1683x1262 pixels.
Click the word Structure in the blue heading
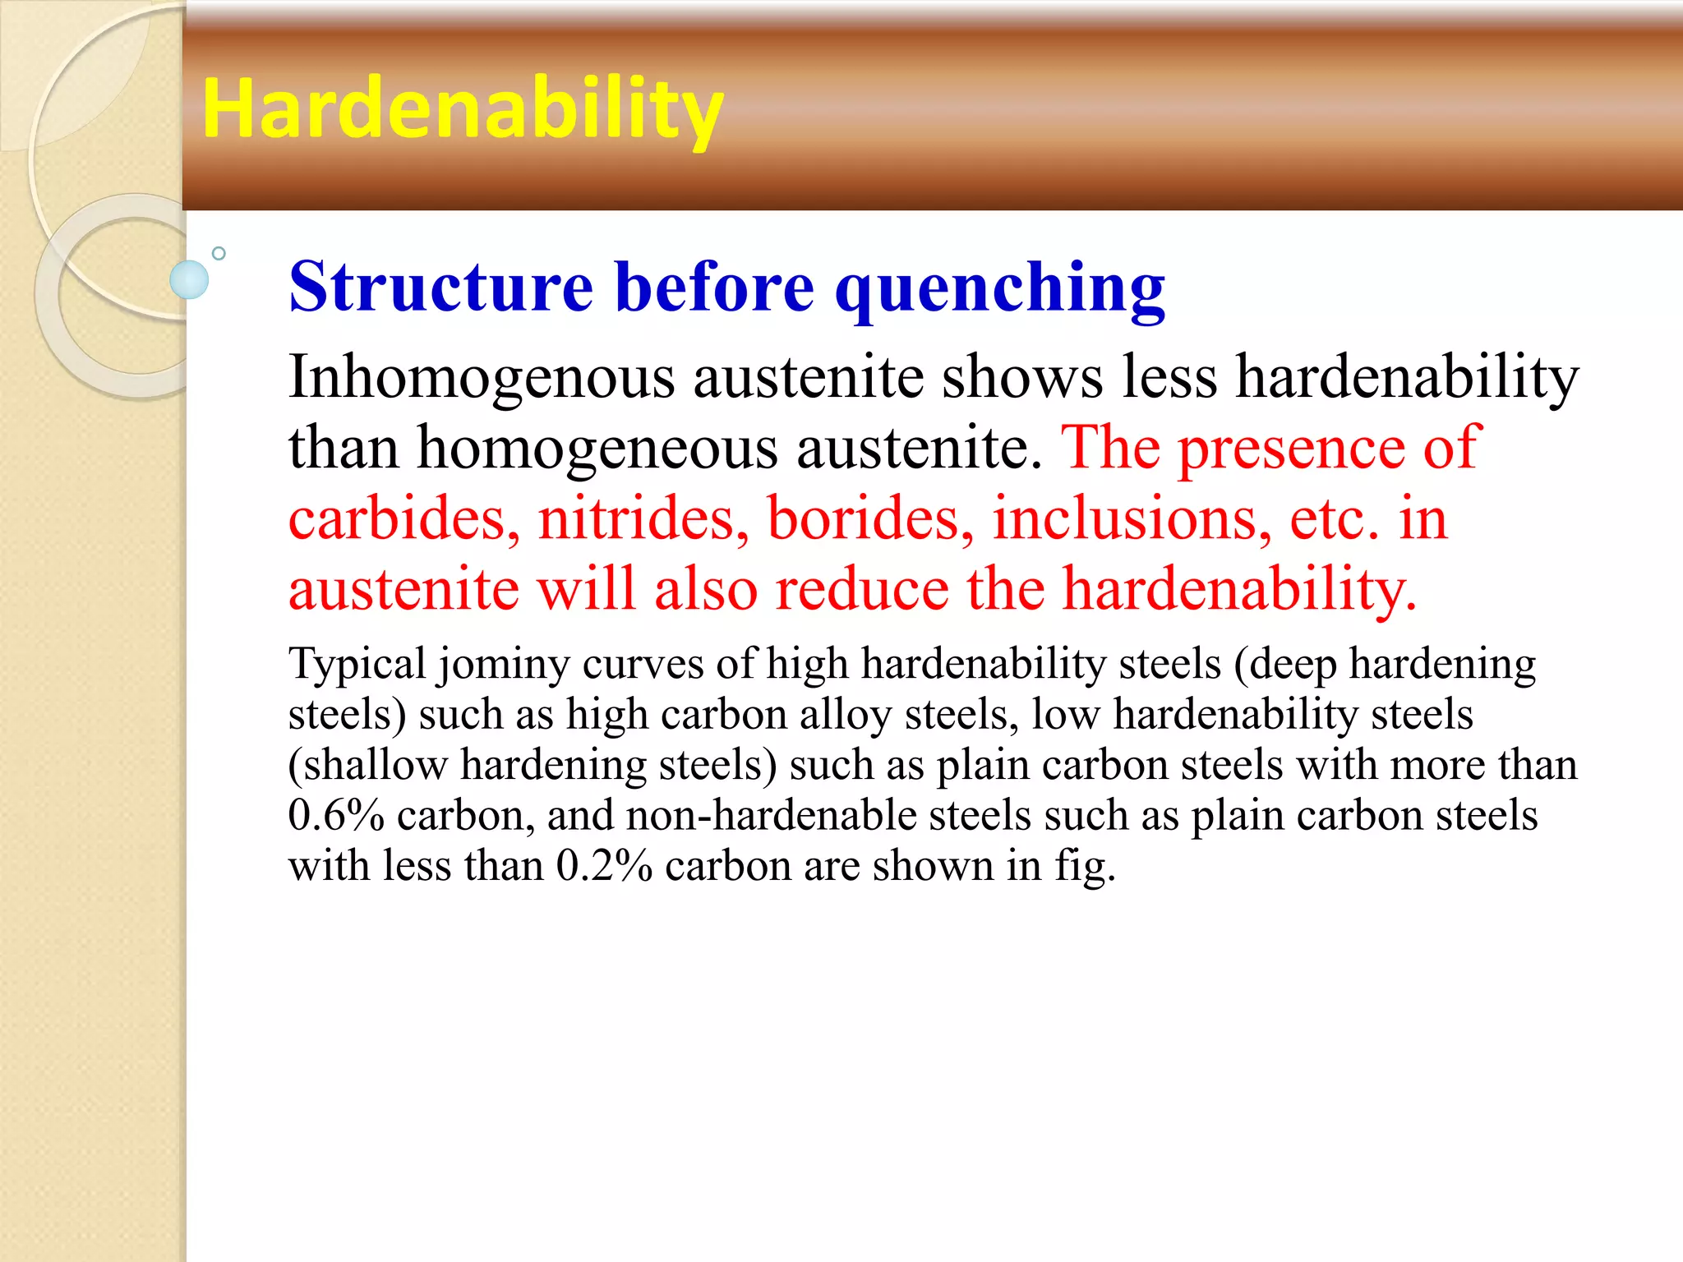(440, 287)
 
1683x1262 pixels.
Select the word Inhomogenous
(481, 378)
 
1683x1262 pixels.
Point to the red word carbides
(403, 519)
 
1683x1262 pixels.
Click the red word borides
(869, 519)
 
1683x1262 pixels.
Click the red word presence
(1291, 449)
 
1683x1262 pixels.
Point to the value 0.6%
(335, 816)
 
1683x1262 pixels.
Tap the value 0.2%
(603, 866)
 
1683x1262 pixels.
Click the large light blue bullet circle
(189, 279)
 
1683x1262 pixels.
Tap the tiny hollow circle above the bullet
(219, 253)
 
